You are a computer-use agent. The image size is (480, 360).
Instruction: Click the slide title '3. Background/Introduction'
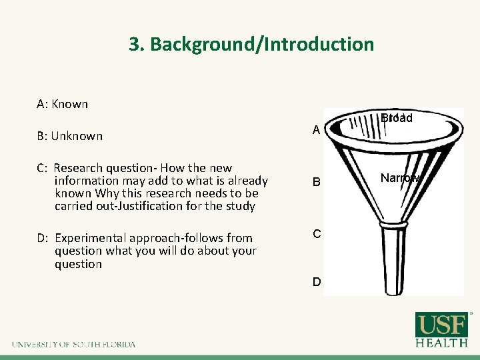[x=251, y=45]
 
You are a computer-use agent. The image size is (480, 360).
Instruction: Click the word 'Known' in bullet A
[x=70, y=104]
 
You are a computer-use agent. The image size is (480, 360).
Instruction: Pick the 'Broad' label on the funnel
[x=397, y=118]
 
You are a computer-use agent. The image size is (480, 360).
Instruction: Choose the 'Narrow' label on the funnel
[x=400, y=178]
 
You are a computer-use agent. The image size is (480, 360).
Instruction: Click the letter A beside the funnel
[x=317, y=131]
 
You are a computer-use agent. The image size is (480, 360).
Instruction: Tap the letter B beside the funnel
[x=317, y=182]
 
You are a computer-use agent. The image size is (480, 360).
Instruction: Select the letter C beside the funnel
[x=317, y=234]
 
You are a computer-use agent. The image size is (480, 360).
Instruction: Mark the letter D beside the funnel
[x=317, y=282]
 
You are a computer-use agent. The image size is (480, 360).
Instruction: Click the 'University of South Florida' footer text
[x=73, y=345]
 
